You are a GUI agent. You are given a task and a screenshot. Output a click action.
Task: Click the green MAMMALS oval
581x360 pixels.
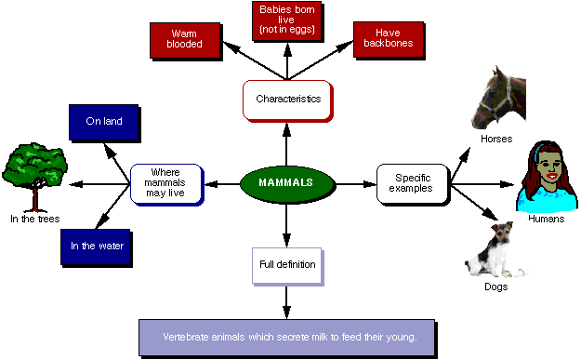click(x=285, y=182)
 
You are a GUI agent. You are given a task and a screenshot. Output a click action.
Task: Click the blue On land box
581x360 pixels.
click(x=104, y=121)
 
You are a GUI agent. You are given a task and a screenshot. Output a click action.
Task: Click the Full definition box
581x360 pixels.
click(x=287, y=264)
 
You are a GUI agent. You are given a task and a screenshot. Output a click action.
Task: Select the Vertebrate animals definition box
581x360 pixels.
click(x=285, y=336)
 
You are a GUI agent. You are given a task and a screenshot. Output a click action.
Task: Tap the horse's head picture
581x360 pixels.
click(x=502, y=98)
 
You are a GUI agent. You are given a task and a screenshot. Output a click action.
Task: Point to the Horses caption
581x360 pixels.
click(x=495, y=139)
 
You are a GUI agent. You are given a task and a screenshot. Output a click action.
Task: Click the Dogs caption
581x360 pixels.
click(x=495, y=287)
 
